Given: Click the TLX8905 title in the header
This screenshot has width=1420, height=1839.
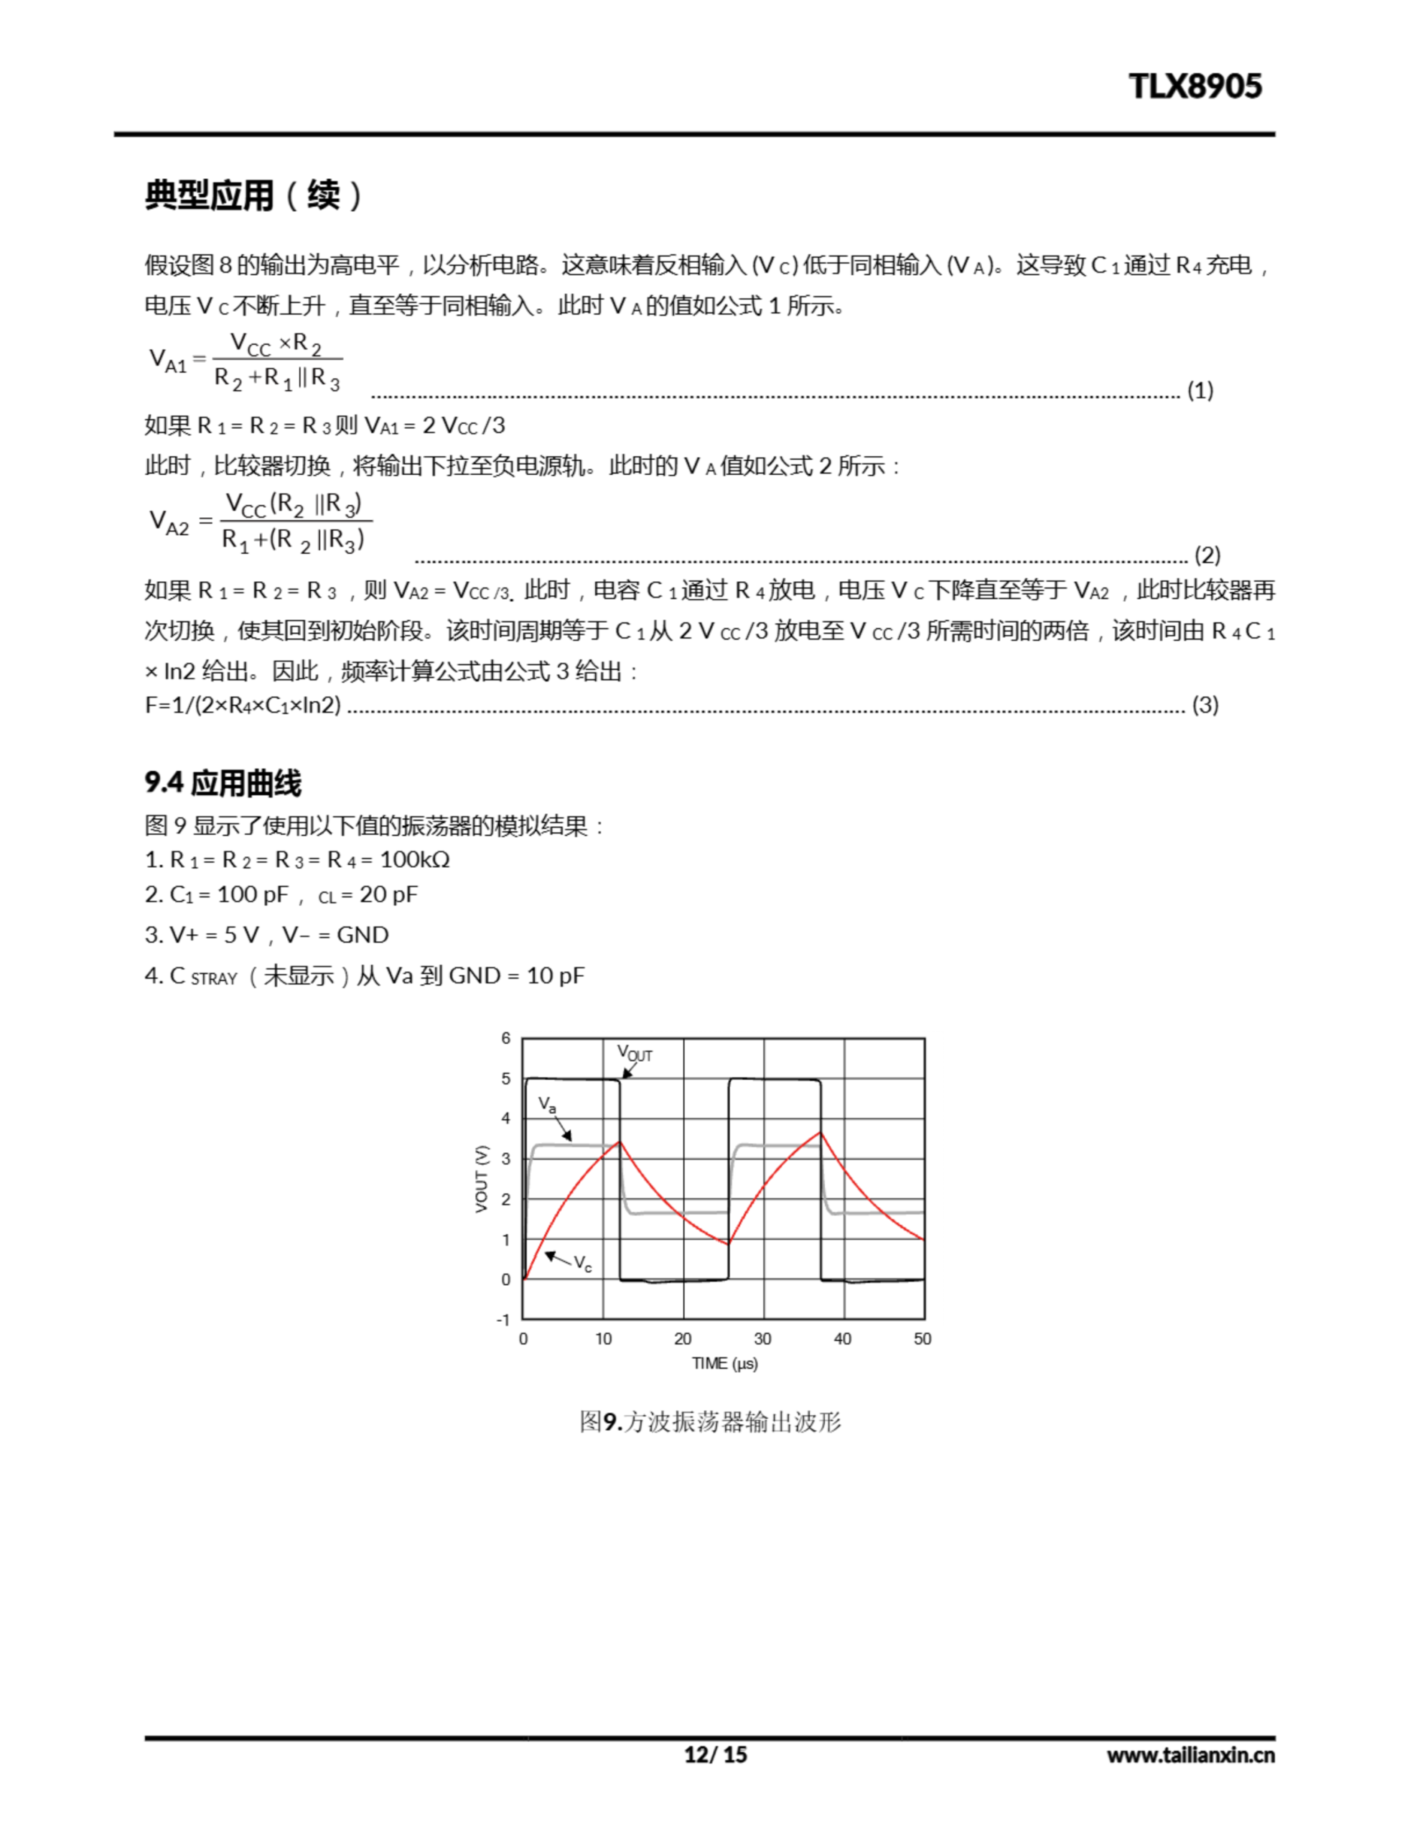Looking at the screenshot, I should click(1195, 86).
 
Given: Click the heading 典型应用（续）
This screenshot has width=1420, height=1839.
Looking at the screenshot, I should click(253, 195).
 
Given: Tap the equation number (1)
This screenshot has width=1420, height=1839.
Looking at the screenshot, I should click(1200, 390).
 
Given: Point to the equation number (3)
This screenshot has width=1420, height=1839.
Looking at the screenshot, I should click(1205, 705).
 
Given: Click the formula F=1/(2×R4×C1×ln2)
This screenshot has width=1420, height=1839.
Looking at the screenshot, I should click(243, 705).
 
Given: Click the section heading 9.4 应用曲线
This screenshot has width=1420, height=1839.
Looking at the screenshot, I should click(223, 783).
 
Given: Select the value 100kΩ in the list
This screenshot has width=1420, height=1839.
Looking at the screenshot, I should click(414, 860).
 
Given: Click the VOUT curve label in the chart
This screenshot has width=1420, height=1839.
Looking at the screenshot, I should click(635, 1053).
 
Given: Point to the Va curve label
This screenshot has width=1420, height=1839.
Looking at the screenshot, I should click(547, 1104).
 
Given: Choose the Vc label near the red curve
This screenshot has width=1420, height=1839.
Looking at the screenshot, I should click(582, 1263).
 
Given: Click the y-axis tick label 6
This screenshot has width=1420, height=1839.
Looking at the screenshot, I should click(506, 1038).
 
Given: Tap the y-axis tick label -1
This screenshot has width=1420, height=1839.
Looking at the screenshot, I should click(503, 1320).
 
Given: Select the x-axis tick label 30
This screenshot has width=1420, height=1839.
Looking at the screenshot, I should click(762, 1339).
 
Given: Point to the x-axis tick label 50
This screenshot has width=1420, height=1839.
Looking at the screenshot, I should click(922, 1339).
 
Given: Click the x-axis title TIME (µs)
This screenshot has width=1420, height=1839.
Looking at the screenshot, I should click(724, 1363).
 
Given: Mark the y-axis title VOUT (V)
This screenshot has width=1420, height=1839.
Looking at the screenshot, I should click(482, 1178).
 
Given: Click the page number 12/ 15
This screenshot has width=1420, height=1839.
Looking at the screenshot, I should click(714, 1754).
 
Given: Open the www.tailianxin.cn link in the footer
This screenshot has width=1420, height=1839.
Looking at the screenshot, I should click(1190, 1755).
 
